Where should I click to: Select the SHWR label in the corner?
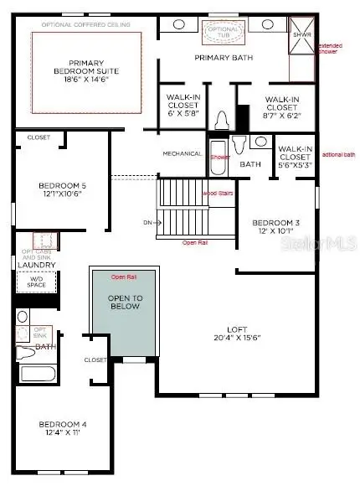click(x=299, y=34)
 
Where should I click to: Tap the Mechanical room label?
click(x=182, y=153)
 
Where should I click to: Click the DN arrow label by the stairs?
click(x=147, y=223)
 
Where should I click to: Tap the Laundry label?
click(x=37, y=266)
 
